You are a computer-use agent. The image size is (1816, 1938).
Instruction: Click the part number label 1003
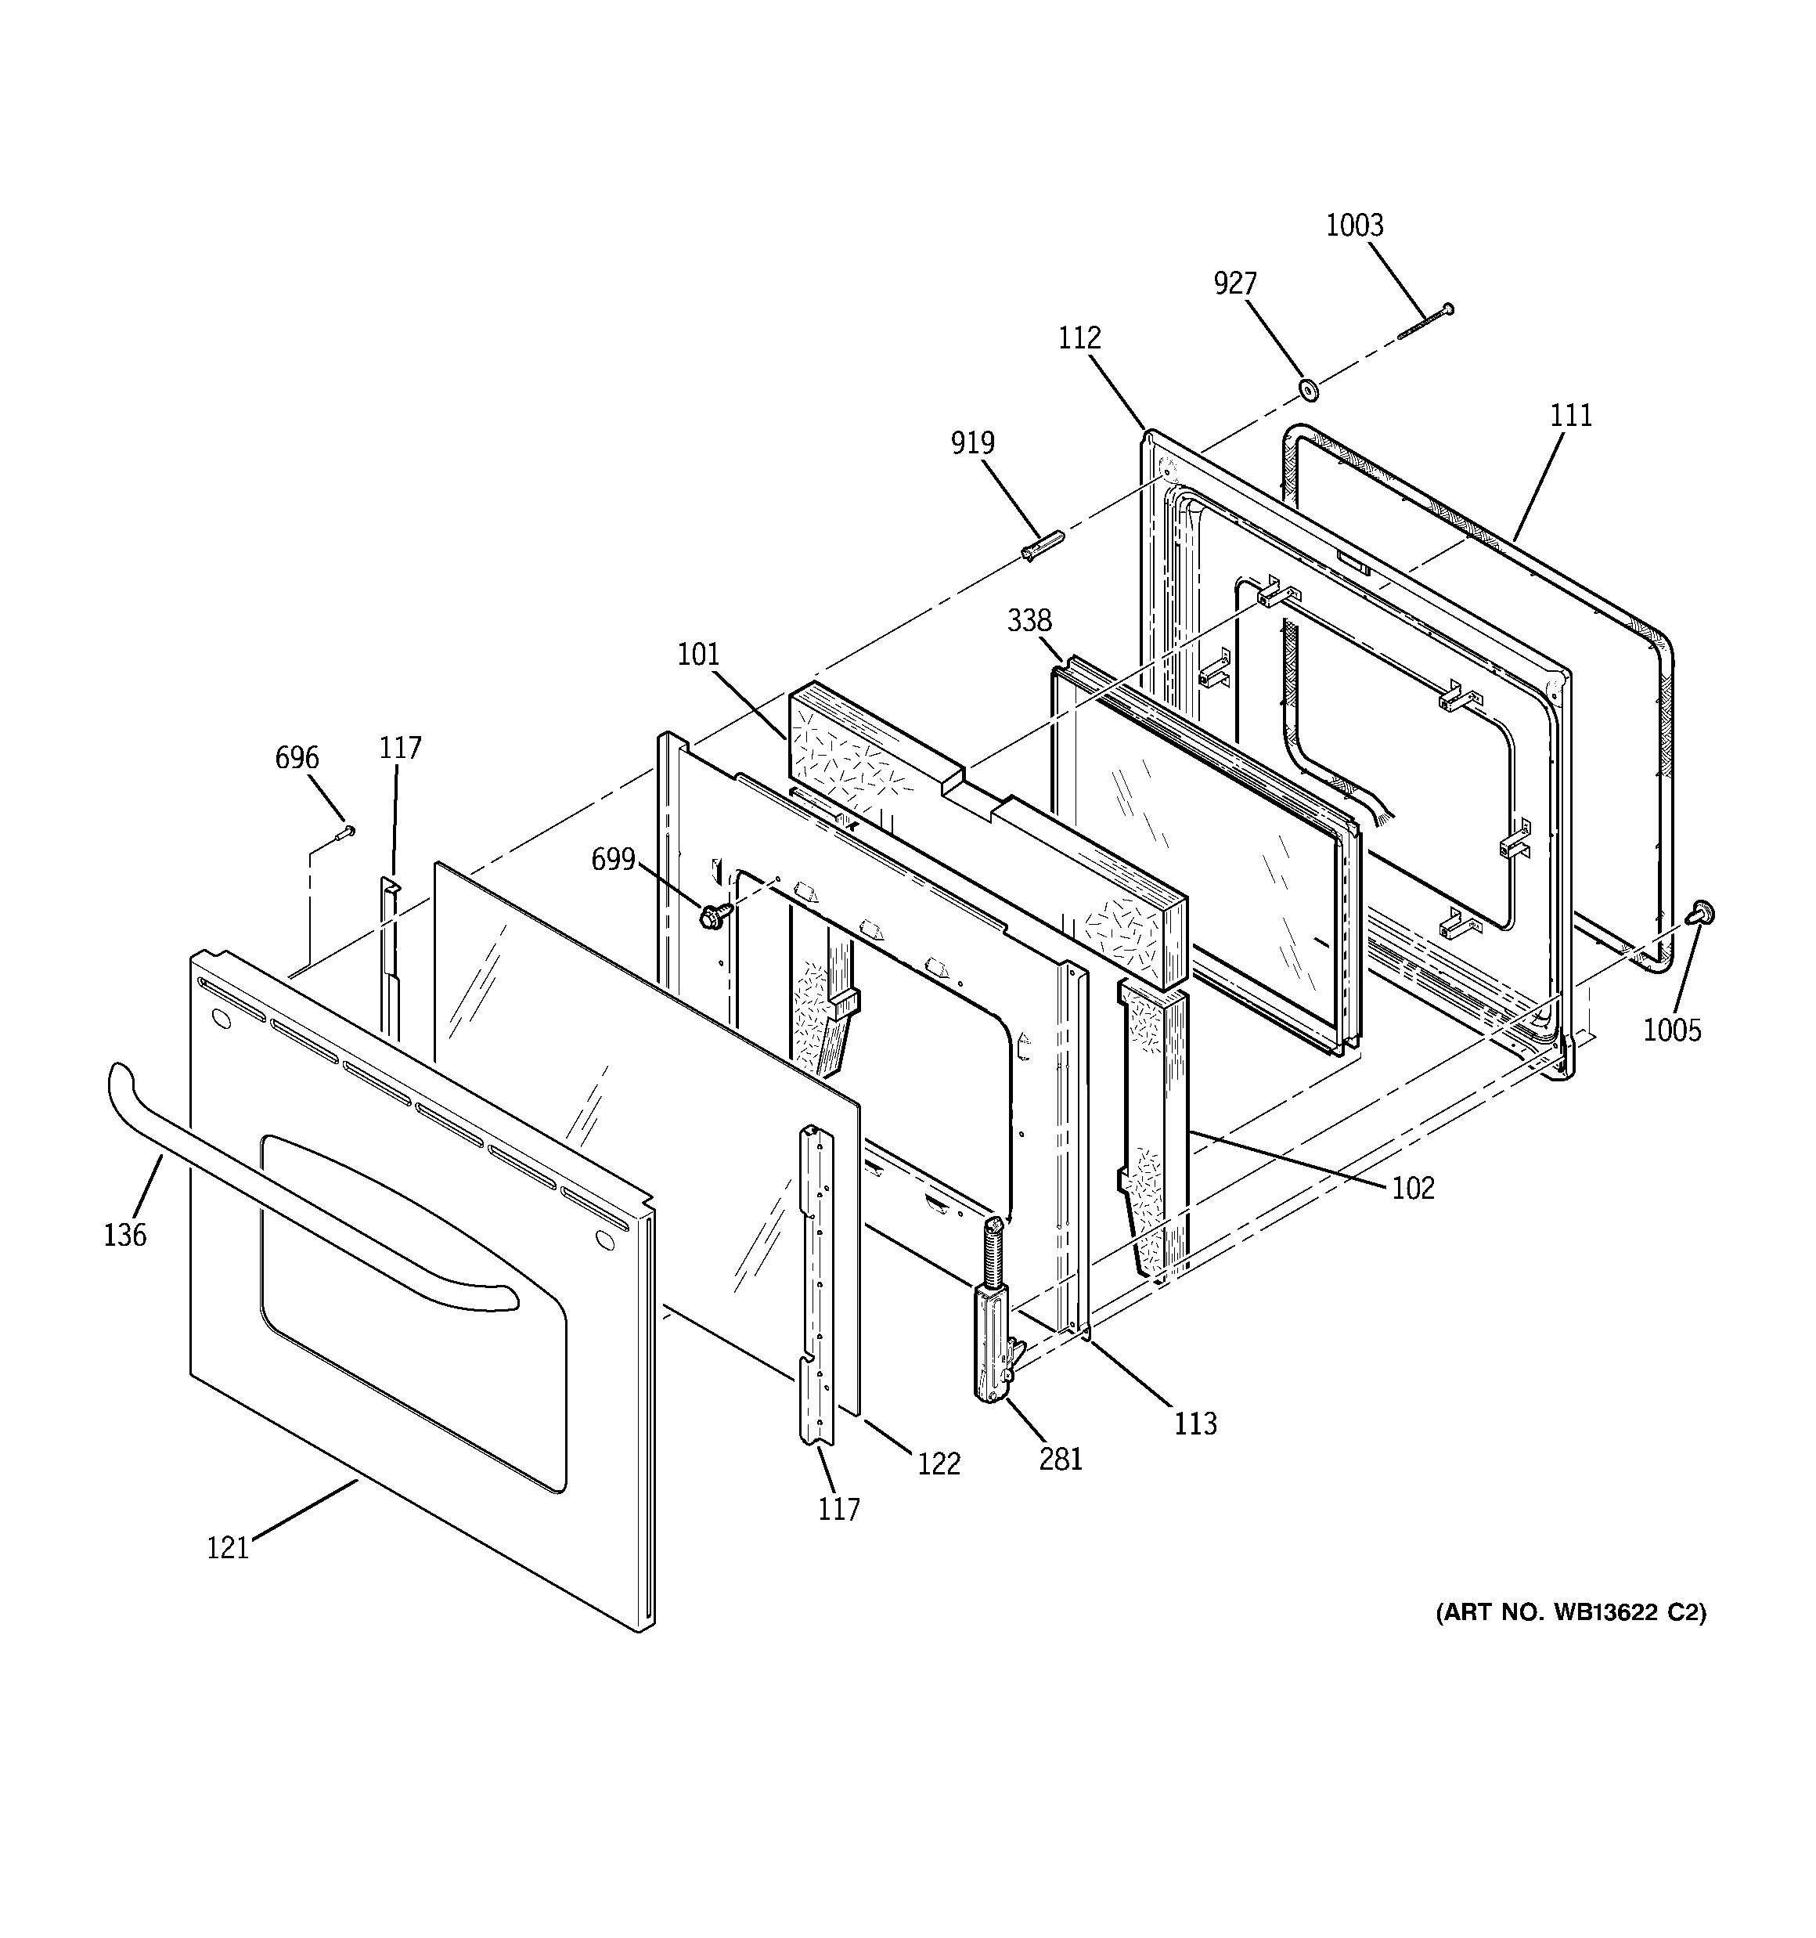(1354, 226)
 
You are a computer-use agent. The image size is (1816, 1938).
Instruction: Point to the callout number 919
(973, 443)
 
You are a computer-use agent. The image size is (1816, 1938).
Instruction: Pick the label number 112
(1080, 338)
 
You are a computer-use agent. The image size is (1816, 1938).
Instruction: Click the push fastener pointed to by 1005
(1702, 912)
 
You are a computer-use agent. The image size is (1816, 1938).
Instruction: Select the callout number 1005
(1672, 1030)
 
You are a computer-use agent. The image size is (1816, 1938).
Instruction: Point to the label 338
(1029, 620)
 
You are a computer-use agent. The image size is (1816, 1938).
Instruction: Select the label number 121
(227, 1548)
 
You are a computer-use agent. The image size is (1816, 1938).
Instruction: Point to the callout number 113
(1195, 1424)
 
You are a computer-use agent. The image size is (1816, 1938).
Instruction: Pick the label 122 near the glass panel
(938, 1463)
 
